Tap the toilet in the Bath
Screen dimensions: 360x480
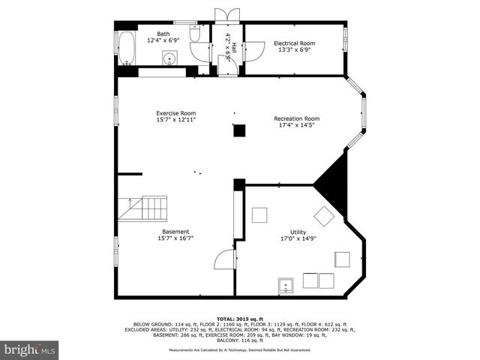click(x=194, y=34)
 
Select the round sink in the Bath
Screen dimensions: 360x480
click(x=170, y=58)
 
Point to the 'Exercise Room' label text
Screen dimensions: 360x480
click(x=175, y=113)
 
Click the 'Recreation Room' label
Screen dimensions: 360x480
click(x=296, y=118)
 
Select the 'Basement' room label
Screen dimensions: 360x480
click(x=175, y=232)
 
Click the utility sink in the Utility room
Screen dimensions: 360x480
click(x=286, y=284)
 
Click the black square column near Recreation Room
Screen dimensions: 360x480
click(x=239, y=130)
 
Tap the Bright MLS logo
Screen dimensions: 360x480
click(x=30, y=349)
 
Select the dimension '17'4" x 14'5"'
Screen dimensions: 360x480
click(x=296, y=125)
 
